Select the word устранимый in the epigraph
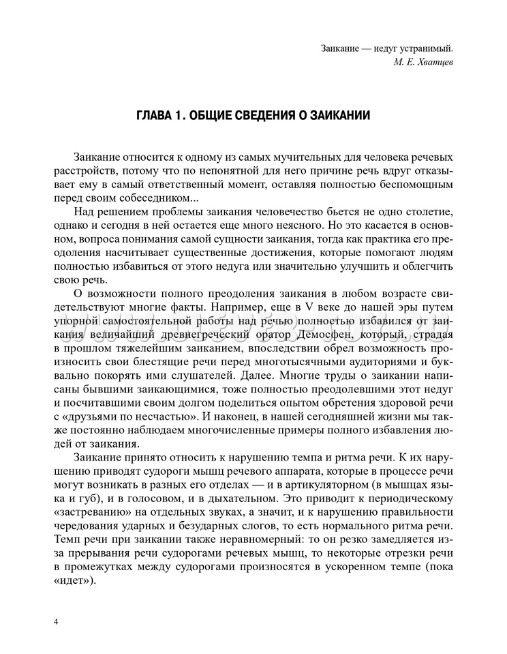click(x=425, y=48)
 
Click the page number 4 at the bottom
click(x=55, y=621)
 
